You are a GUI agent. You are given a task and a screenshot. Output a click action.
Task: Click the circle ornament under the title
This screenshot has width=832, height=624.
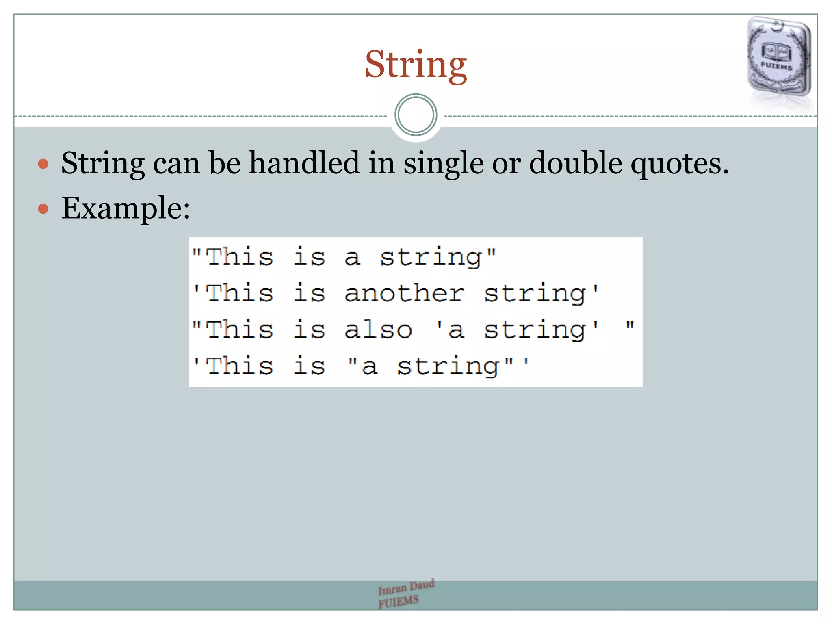click(x=416, y=115)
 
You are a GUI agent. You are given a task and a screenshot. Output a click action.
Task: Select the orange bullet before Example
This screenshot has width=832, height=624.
click(x=43, y=209)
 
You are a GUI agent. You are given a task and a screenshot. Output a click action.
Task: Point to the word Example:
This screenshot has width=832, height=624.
click(x=126, y=208)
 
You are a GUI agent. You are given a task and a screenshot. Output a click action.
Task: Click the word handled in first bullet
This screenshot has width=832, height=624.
click(x=304, y=163)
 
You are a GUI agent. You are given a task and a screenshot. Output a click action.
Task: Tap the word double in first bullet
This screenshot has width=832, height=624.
click(x=575, y=163)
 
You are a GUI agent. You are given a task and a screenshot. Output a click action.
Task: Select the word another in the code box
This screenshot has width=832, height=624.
click(x=404, y=293)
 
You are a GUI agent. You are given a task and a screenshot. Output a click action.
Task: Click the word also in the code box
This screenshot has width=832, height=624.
click(x=378, y=329)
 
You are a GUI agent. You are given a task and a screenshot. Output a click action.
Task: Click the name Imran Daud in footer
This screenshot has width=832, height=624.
click(x=406, y=587)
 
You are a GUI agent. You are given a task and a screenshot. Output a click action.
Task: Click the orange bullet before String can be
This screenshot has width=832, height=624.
click(x=43, y=164)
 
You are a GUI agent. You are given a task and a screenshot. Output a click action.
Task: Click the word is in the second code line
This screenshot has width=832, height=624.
click(x=309, y=293)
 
